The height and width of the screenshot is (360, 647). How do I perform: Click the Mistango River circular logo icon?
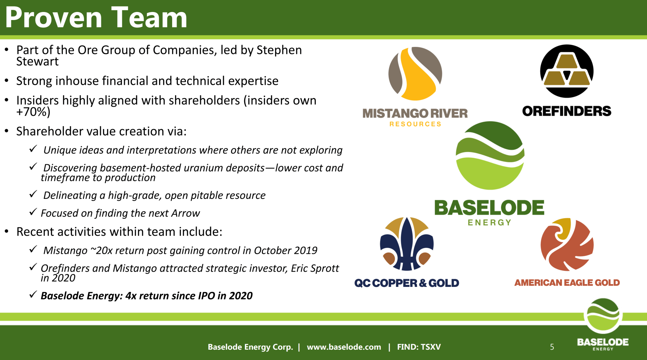pyautogui.click(x=415, y=73)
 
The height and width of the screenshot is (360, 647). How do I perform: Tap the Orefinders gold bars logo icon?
pyautogui.click(x=567, y=71)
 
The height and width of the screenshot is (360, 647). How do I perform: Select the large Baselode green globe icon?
pyautogui.click(x=490, y=156)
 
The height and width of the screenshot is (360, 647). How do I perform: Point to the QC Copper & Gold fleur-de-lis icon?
pyautogui.click(x=407, y=244)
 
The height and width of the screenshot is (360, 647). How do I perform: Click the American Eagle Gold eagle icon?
pyautogui.click(x=567, y=244)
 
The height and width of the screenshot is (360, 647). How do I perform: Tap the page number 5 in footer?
pyautogui.click(x=552, y=347)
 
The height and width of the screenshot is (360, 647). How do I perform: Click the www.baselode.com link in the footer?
pyautogui.click(x=344, y=347)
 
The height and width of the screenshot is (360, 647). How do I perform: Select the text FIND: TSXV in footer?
pyautogui.click(x=419, y=347)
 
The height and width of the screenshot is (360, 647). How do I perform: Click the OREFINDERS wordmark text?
pyautogui.click(x=567, y=111)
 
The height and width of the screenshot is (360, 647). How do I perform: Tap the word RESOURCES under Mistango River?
pyautogui.click(x=415, y=124)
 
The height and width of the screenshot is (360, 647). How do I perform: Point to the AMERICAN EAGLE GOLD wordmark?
pyautogui.click(x=567, y=283)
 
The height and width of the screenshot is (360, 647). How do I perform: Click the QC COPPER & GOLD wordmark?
pyautogui.click(x=407, y=283)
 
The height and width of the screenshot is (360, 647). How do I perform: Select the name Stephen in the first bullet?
pyautogui.click(x=279, y=50)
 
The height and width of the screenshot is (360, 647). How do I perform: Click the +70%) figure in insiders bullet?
pyautogui.click(x=33, y=112)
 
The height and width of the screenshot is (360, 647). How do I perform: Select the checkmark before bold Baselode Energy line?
pyautogui.click(x=33, y=294)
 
